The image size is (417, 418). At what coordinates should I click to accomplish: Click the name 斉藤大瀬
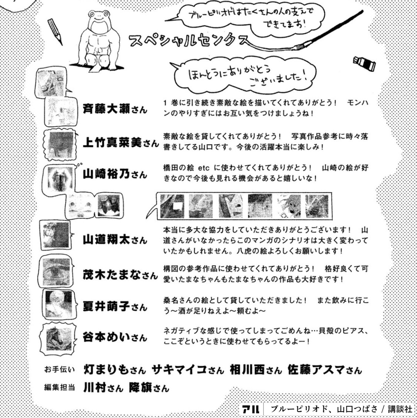[x=106, y=109]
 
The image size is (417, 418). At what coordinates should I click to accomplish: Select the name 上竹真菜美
[x=112, y=143]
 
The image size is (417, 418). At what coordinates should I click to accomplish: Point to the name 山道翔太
[x=106, y=240]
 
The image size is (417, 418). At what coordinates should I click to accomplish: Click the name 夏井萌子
[x=106, y=306]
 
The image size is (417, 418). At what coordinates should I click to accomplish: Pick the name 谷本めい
[x=106, y=337]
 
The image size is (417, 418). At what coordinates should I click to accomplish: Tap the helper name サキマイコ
[x=179, y=370]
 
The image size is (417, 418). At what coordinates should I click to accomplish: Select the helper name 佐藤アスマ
[x=316, y=370]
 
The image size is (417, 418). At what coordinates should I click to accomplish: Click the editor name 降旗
[x=140, y=388]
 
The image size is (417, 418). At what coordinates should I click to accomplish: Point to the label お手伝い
[x=59, y=370]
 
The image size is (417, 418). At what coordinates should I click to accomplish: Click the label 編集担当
[x=59, y=388]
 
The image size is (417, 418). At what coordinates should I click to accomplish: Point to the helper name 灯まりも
[x=106, y=370]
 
